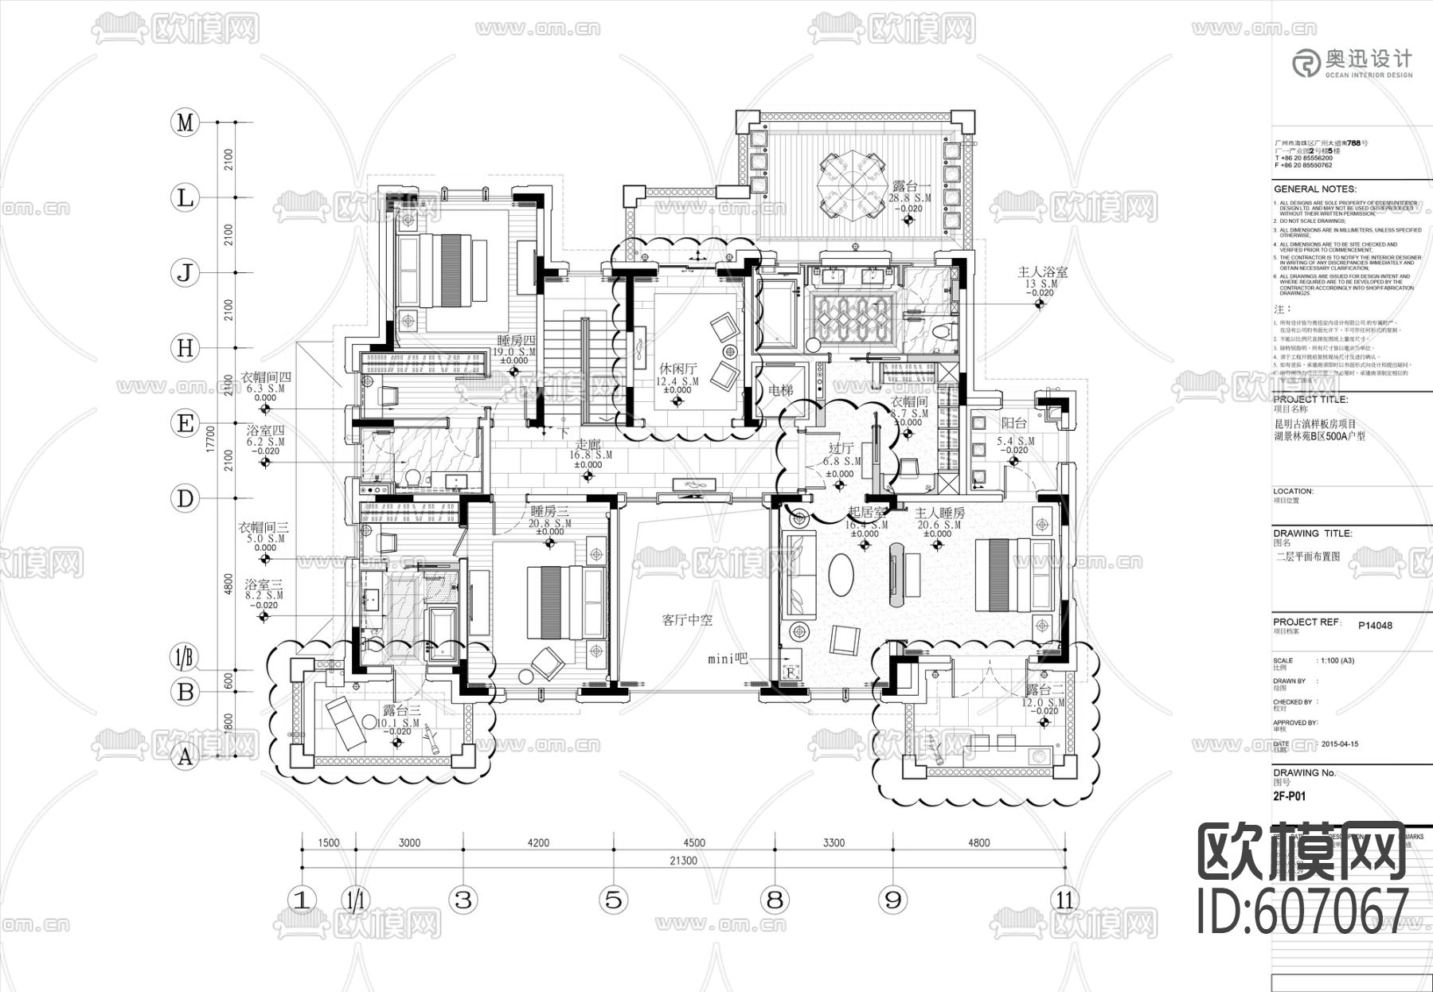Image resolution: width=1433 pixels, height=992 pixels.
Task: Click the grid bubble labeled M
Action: [x=185, y=123]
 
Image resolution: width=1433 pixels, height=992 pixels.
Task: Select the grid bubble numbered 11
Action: [x=1064, y=900]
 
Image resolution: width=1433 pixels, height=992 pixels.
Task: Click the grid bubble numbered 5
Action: [x=612, y=900]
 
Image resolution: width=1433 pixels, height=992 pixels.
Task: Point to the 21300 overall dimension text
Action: [x=683, y=861]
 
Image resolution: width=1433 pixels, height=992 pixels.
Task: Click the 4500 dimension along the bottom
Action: [x=693, y=843]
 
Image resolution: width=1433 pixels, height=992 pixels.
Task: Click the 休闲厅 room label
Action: [x=677, y=369]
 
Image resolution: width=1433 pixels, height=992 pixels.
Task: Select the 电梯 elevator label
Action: [x=780, y=391]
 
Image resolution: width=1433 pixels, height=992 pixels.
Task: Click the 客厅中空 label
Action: [x=687, y=619]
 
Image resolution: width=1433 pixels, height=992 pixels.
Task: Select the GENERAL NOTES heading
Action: [x=1314, y=189]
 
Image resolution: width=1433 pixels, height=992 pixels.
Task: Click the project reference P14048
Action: [x=1375, y=625]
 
